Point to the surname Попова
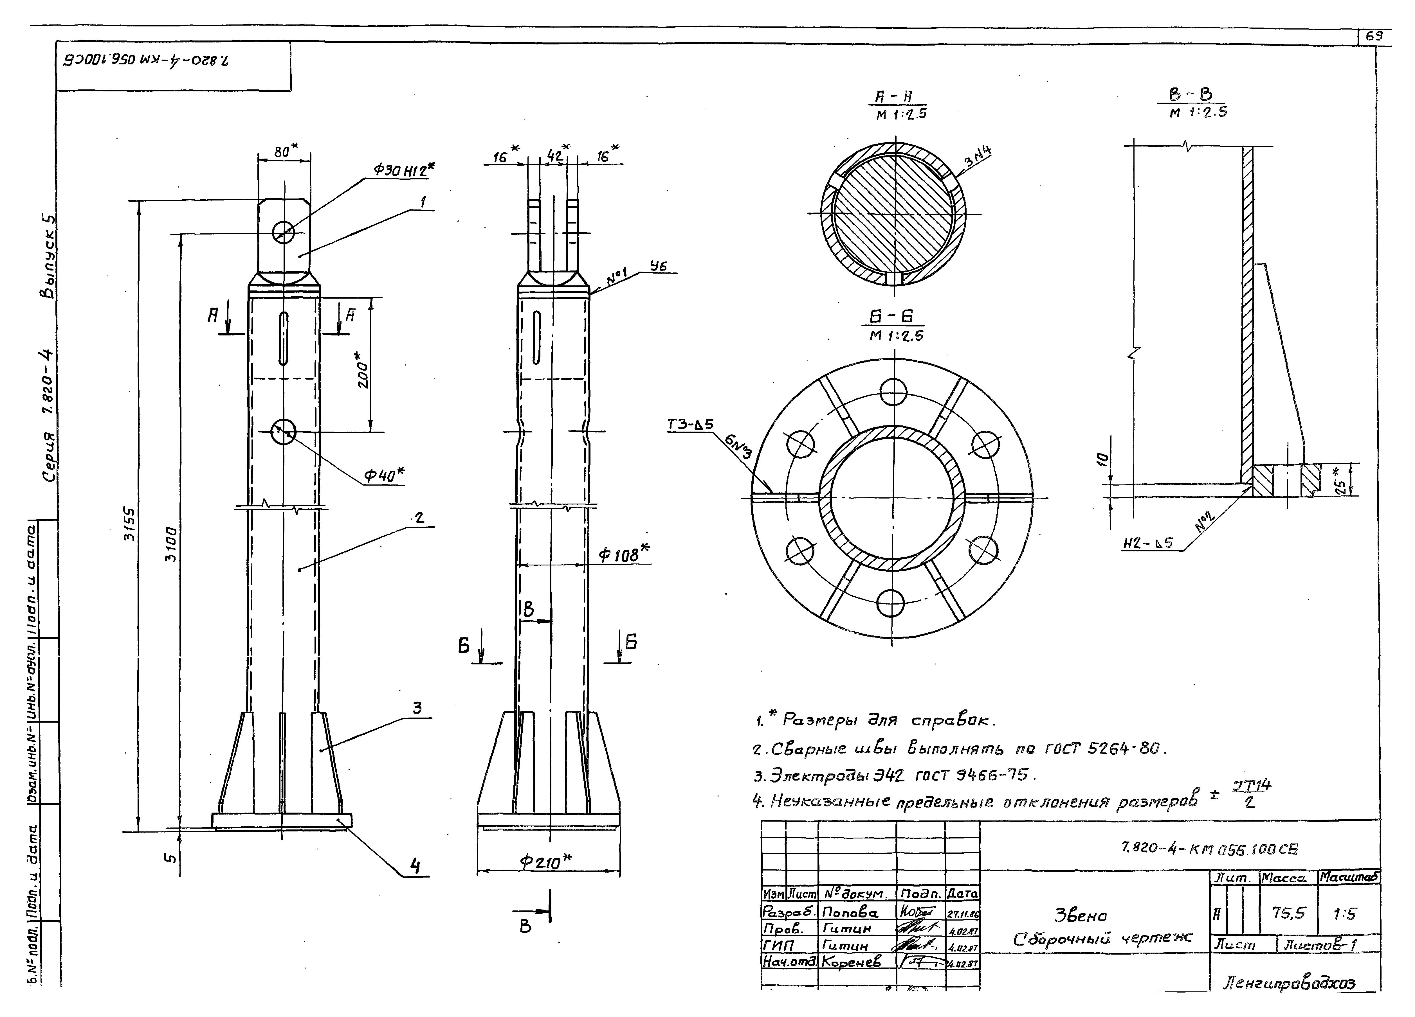850,913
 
